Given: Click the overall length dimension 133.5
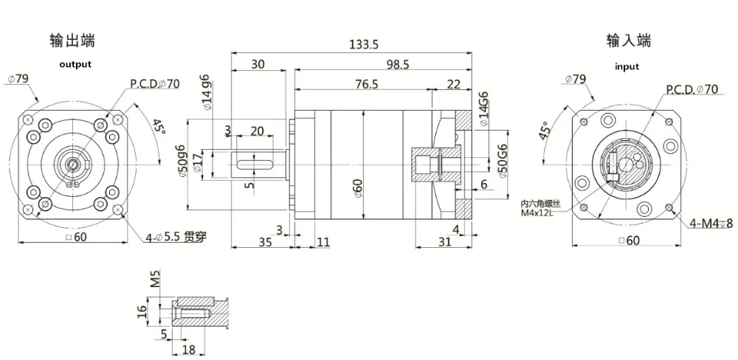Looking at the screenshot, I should pyautogui.click(x=363, y=45).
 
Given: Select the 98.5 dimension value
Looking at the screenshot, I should pyautogui.click(x=396, y=65).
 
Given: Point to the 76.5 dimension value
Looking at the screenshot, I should pyautogui.click(x=365, y=84).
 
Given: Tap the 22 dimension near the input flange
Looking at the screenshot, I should pyautogui.click(x=454, y=84).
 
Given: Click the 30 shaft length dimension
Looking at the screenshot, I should pyautogui.click(x=258, y=64).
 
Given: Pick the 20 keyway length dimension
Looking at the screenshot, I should pyautogui.click(x=257, y=131).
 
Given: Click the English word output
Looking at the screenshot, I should pyautogui.click(x=75, y=64).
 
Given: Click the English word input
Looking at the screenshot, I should pyautogui.click(x=627, y=66).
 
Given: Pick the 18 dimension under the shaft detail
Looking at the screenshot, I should pyautogui.click(x=188, y=350).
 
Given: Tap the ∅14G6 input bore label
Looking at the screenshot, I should pyautogui.click(x=483, y=110).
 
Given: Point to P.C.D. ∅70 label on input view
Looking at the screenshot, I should pyautogui.click(x=692, y=90).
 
